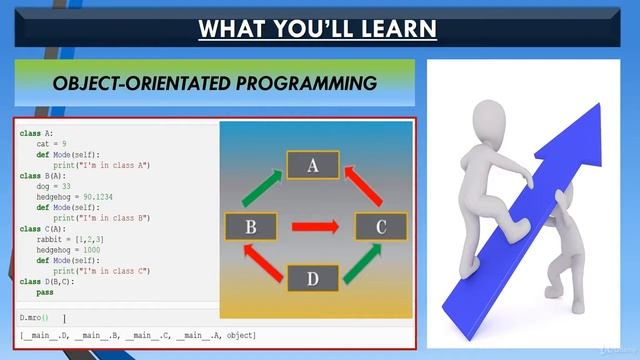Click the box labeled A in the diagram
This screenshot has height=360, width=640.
(312, 166)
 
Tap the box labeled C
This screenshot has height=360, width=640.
(380, 227)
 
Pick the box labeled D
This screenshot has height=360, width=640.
(312, 278)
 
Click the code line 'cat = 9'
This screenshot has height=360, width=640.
(52, 144)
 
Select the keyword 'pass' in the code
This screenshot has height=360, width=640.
(45, 293)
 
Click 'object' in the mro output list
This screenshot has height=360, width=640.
(240, 334)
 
